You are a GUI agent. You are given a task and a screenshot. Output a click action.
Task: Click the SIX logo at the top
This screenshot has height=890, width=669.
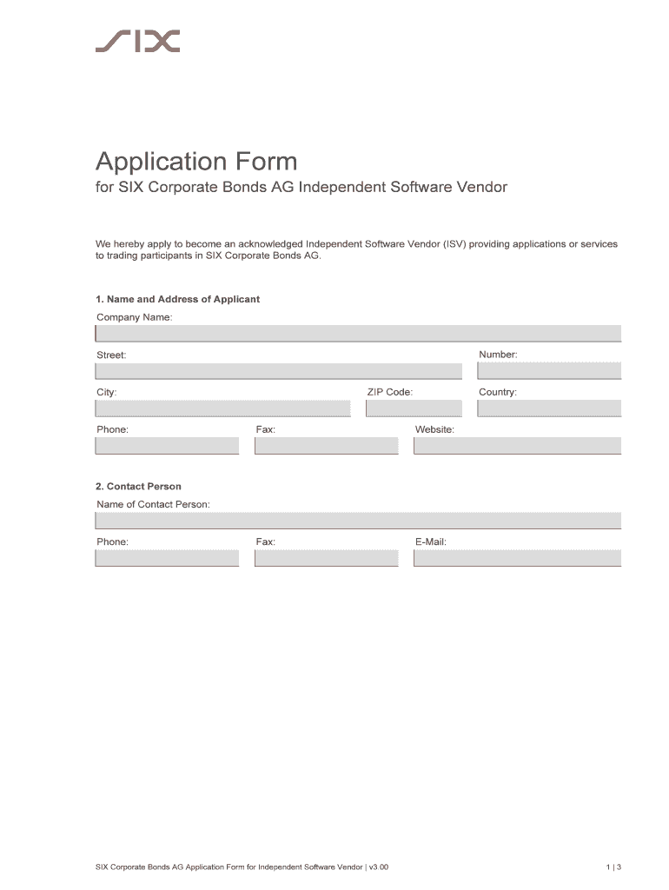click(137, 41)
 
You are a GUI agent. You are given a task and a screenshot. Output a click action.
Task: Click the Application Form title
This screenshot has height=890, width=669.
click(196, 162)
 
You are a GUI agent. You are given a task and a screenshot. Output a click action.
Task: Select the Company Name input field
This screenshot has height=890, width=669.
click(358, 334)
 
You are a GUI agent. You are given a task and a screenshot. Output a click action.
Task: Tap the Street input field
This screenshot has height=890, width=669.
click(278, 371)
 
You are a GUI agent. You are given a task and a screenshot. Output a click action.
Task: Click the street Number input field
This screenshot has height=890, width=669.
click(549, 371)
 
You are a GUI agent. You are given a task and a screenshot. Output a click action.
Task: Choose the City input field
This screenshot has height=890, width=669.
click(222, 408)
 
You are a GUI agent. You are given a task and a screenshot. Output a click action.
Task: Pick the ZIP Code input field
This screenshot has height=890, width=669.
click(414, 408)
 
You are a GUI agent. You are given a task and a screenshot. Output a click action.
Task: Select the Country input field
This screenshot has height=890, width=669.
click(549, 408)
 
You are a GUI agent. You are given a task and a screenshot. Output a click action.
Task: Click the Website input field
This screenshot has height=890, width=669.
click(518, 446)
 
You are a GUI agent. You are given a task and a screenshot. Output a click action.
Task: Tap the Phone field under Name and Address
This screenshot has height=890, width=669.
click(167, 446)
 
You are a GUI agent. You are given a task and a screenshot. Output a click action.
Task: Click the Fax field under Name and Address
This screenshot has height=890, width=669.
click(326, 446)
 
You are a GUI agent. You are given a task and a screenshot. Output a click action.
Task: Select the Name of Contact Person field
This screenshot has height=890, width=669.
click(358, 521)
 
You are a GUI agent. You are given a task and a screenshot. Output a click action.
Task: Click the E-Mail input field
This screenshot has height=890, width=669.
click(518, 558)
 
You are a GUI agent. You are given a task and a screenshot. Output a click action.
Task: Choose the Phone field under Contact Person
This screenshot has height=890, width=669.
click(167, 558)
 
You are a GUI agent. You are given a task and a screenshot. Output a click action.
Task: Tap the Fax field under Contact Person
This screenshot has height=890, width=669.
click(326, 558)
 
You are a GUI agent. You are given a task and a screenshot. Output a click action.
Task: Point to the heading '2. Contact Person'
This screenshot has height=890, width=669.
click(138, 487)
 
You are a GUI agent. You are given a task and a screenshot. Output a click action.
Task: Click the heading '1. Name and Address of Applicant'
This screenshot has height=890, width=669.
click(177, 299)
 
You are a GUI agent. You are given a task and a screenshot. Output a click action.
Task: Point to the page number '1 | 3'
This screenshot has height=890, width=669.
click(613, 867)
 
